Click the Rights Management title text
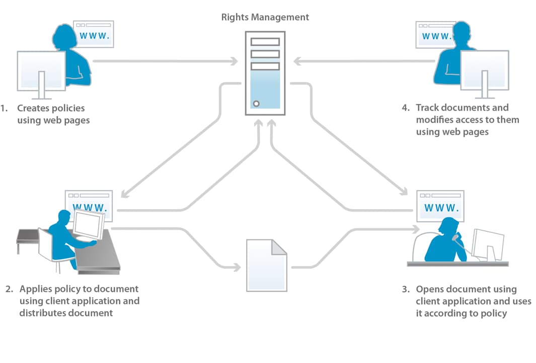265,17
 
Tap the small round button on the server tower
256,104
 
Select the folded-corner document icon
266,265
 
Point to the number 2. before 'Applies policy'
9,289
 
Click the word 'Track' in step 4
427,108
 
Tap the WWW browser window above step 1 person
93,34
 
